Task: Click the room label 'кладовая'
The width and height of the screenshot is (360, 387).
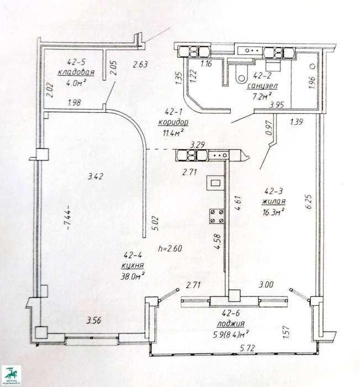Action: (x=76, y=72)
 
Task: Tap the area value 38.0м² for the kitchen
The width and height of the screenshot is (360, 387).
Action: (x=133, y=276)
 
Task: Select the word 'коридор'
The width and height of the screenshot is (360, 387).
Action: (x=173, y=122)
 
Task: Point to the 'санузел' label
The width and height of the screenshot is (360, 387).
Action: (x=263, y=86)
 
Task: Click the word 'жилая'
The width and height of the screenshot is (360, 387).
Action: (x=274, y=201)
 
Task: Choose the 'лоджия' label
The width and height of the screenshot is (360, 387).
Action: (x=231, y=323)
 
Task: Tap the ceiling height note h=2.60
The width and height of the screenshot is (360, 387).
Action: (x=170, y=248)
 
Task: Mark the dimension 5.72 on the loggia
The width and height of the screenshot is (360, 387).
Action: (x=247, y=348)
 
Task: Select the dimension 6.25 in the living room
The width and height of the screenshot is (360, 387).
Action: (x=309, y=202)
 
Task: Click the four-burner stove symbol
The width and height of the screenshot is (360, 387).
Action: (x=217, y=216)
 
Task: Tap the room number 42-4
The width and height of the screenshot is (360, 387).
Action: (x=133, y=255)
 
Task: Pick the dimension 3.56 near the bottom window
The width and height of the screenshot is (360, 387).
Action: (x=94, y=321)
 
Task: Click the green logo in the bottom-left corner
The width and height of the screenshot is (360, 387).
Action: (x=12, y=375)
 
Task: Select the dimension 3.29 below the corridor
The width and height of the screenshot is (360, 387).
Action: (x=197, y=145)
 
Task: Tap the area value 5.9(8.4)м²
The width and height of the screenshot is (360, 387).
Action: (x=231, y=334)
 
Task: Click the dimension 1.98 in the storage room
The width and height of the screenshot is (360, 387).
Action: (x=74, y=102)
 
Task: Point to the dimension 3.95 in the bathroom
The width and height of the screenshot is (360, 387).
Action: (x=277, y=105)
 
